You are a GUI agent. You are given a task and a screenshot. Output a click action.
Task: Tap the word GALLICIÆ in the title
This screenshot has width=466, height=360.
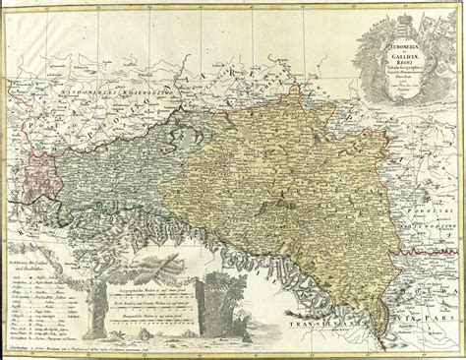[395, 57]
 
